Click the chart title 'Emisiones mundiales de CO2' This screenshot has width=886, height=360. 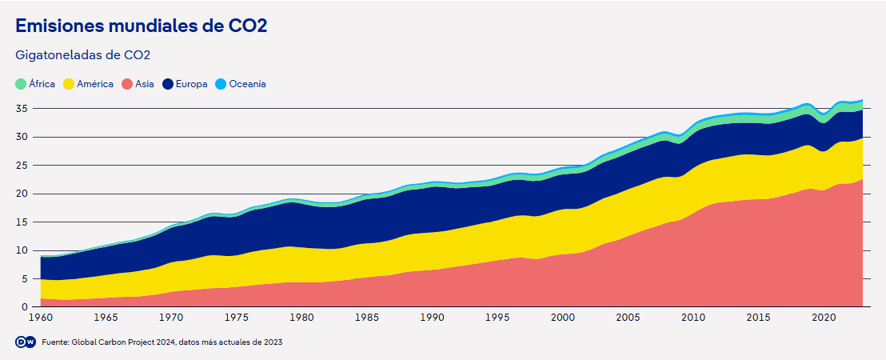tap(141, 26)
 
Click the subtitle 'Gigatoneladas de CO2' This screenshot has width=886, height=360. tap(83, 55)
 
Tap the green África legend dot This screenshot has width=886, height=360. tap(21, 84)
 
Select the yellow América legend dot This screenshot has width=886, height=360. tap(69, 84)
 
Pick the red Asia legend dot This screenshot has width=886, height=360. tap(127, 84)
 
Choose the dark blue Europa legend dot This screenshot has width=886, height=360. tap(168, 84)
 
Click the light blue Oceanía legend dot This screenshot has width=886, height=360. tap(221, 84)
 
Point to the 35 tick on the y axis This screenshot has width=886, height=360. tap(23, 108)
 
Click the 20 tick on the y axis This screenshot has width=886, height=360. tap(23, 194)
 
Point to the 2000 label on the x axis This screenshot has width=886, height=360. tap(562, 318)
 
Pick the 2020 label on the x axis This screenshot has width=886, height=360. tap(824, 318)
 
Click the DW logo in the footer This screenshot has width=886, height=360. tap(25, 342)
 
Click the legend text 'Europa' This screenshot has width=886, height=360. tap(192, 84)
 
